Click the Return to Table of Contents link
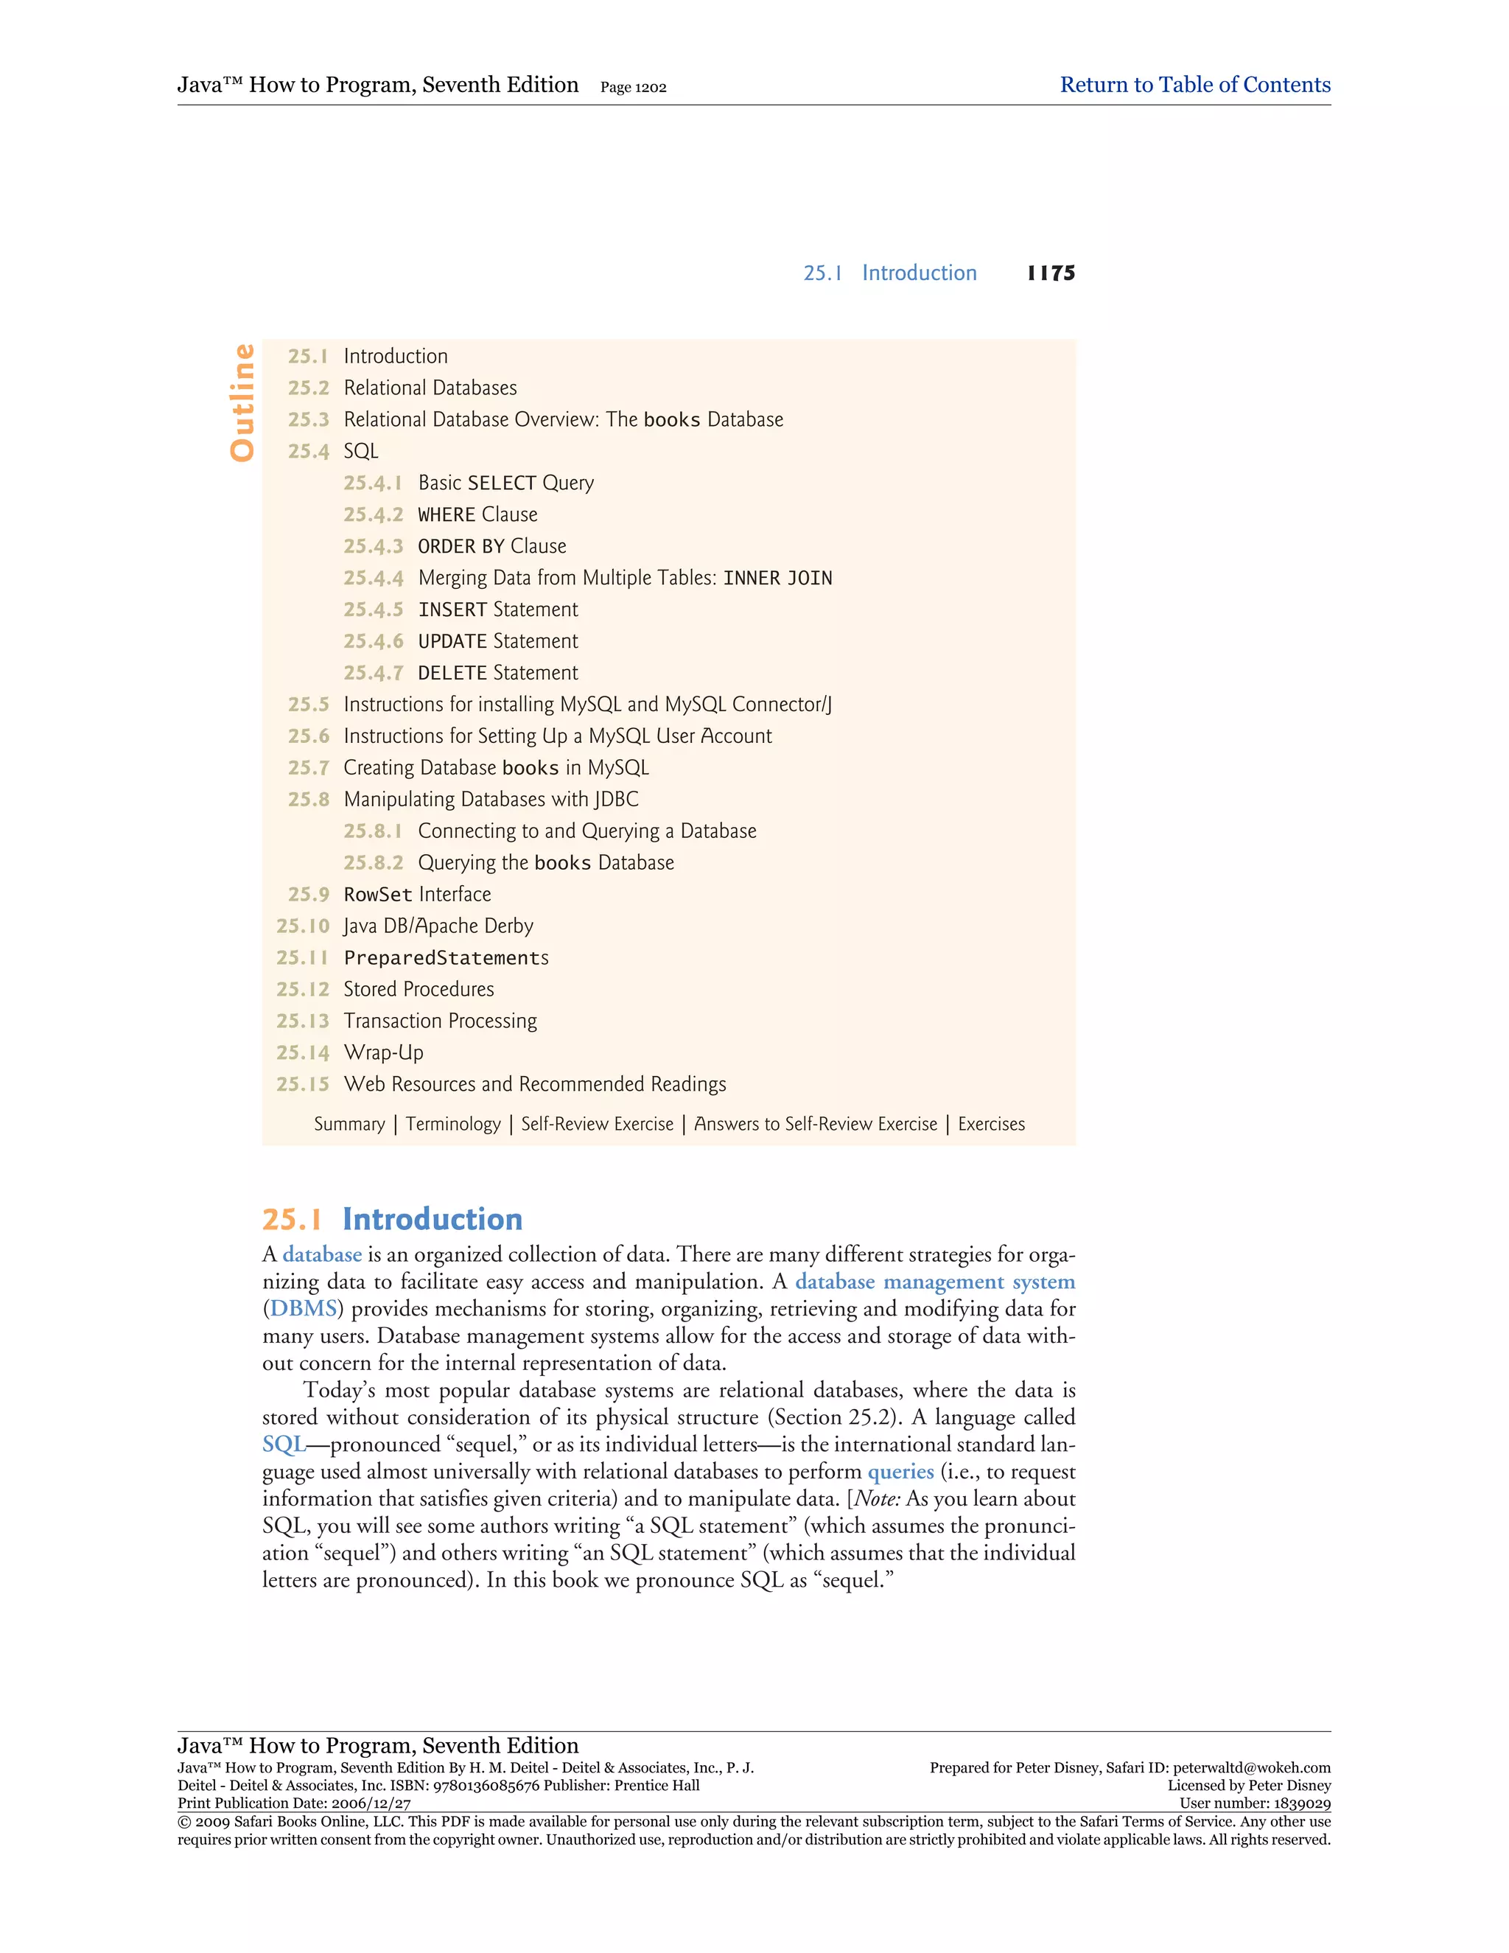click(1194, 85)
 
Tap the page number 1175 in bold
click(1051, 273)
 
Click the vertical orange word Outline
click(242, 402)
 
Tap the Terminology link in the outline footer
click(453, 1124)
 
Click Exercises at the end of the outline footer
click(992, 1124)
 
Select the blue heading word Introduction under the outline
click(432, 1220)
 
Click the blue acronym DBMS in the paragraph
click(303, 1309)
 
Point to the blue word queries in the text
click(900, 1472)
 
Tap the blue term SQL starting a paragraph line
click(284, 1445)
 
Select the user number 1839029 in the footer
click(1300, 1803)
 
